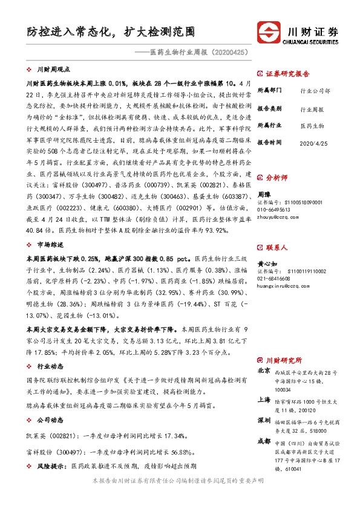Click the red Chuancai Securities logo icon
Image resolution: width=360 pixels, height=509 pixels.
270,31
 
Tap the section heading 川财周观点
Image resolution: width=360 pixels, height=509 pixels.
53,70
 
